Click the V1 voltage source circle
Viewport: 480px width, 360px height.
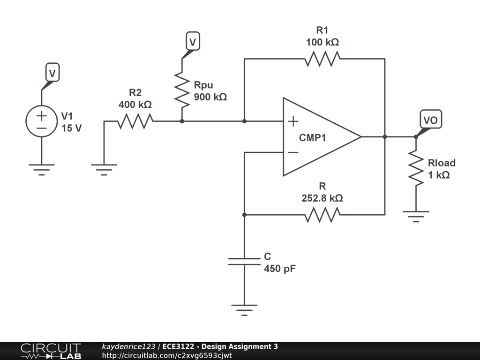click(x=41, y=121)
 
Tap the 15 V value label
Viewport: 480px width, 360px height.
click(x=71, y=127)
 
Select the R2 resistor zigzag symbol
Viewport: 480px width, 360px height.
click(x=135, y=121)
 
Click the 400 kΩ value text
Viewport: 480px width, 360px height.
click(x=135, y=105)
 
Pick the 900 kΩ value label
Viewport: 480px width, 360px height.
click(x=210, y=97)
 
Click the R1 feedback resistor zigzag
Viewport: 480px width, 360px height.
click(x=322, y=59)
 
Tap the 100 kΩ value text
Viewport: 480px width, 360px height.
click(x=322, y=42)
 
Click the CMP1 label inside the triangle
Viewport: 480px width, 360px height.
click(x=313, y=138)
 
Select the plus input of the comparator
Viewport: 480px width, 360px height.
click(x=293, y=122)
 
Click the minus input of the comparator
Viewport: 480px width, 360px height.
click(x=293, y=152)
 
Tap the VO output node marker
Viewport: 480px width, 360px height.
click(x=430, y=120)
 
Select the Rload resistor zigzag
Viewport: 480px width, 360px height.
click(x=416, y=167)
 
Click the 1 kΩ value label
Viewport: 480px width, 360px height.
click(x=439, y=175)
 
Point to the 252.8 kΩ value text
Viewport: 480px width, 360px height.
click(x=322, y=198)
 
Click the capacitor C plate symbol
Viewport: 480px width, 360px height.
click(x=244, y=261)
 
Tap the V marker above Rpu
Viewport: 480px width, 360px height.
click(x=192, y=42)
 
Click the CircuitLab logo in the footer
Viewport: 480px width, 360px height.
click(x=51, y=351)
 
